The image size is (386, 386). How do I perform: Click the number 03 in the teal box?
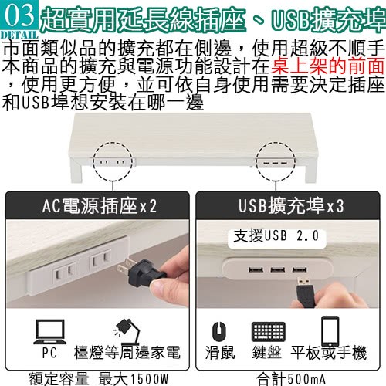coord(19,15)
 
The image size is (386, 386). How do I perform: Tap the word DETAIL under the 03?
coord(19,35)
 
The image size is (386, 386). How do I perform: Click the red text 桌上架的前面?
coord(327,66)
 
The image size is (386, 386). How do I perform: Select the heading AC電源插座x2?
coord(99,206)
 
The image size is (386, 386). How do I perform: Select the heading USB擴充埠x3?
coord(291,206)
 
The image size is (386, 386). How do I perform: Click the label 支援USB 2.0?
coord(276,235)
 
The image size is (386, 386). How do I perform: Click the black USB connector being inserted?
coord(306,292)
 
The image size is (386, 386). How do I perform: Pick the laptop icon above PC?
coord(50,332)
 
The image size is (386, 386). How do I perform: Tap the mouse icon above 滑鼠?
coord(219,331)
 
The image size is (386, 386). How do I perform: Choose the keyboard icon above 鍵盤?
coord(269,331)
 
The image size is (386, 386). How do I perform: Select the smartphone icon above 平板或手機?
coord(330,331)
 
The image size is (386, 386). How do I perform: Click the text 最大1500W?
coord(134,379)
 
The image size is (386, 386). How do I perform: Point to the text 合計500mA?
coord(291,379)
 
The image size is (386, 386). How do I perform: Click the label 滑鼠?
coord(220,353)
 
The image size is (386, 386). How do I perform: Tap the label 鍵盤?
coord(267,353)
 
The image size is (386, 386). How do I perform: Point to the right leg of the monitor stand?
coord(310,171)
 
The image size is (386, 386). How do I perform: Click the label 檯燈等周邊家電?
coord(127,353)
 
